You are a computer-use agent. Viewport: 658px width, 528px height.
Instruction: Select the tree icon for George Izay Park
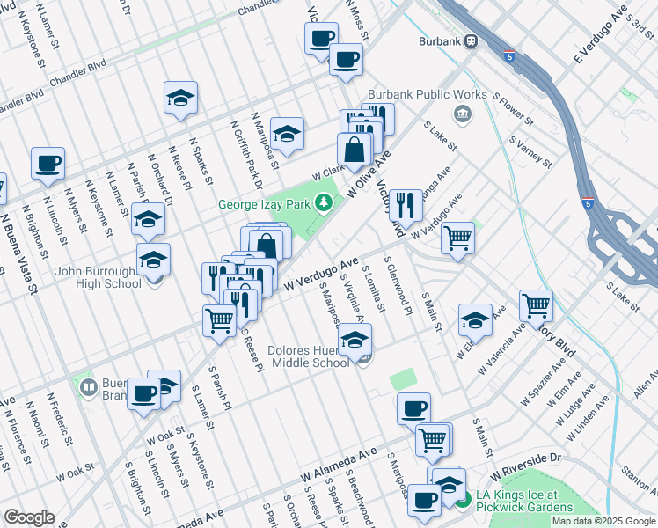coord(325,204)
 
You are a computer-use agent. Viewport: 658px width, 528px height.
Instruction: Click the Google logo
coord(29,517)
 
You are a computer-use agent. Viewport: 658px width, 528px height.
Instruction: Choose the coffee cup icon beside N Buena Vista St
coord(48,163)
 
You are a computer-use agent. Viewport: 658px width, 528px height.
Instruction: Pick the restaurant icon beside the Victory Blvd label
coord(406,205)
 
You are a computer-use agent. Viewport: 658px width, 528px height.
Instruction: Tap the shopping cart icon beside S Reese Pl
coord(219,319)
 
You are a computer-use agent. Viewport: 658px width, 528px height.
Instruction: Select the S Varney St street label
coord(530,151)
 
